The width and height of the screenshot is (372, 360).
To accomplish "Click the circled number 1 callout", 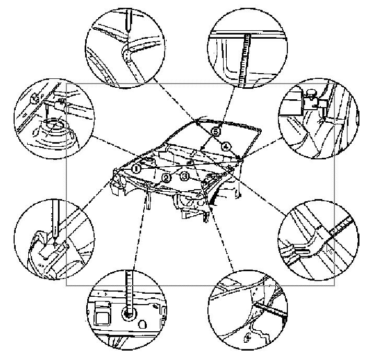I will point(136,168).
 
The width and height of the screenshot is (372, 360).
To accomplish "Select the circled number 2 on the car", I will point(166,178).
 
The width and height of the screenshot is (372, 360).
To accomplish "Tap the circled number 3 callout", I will point(185,177).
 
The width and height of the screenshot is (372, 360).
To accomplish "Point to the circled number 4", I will point(226,147).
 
